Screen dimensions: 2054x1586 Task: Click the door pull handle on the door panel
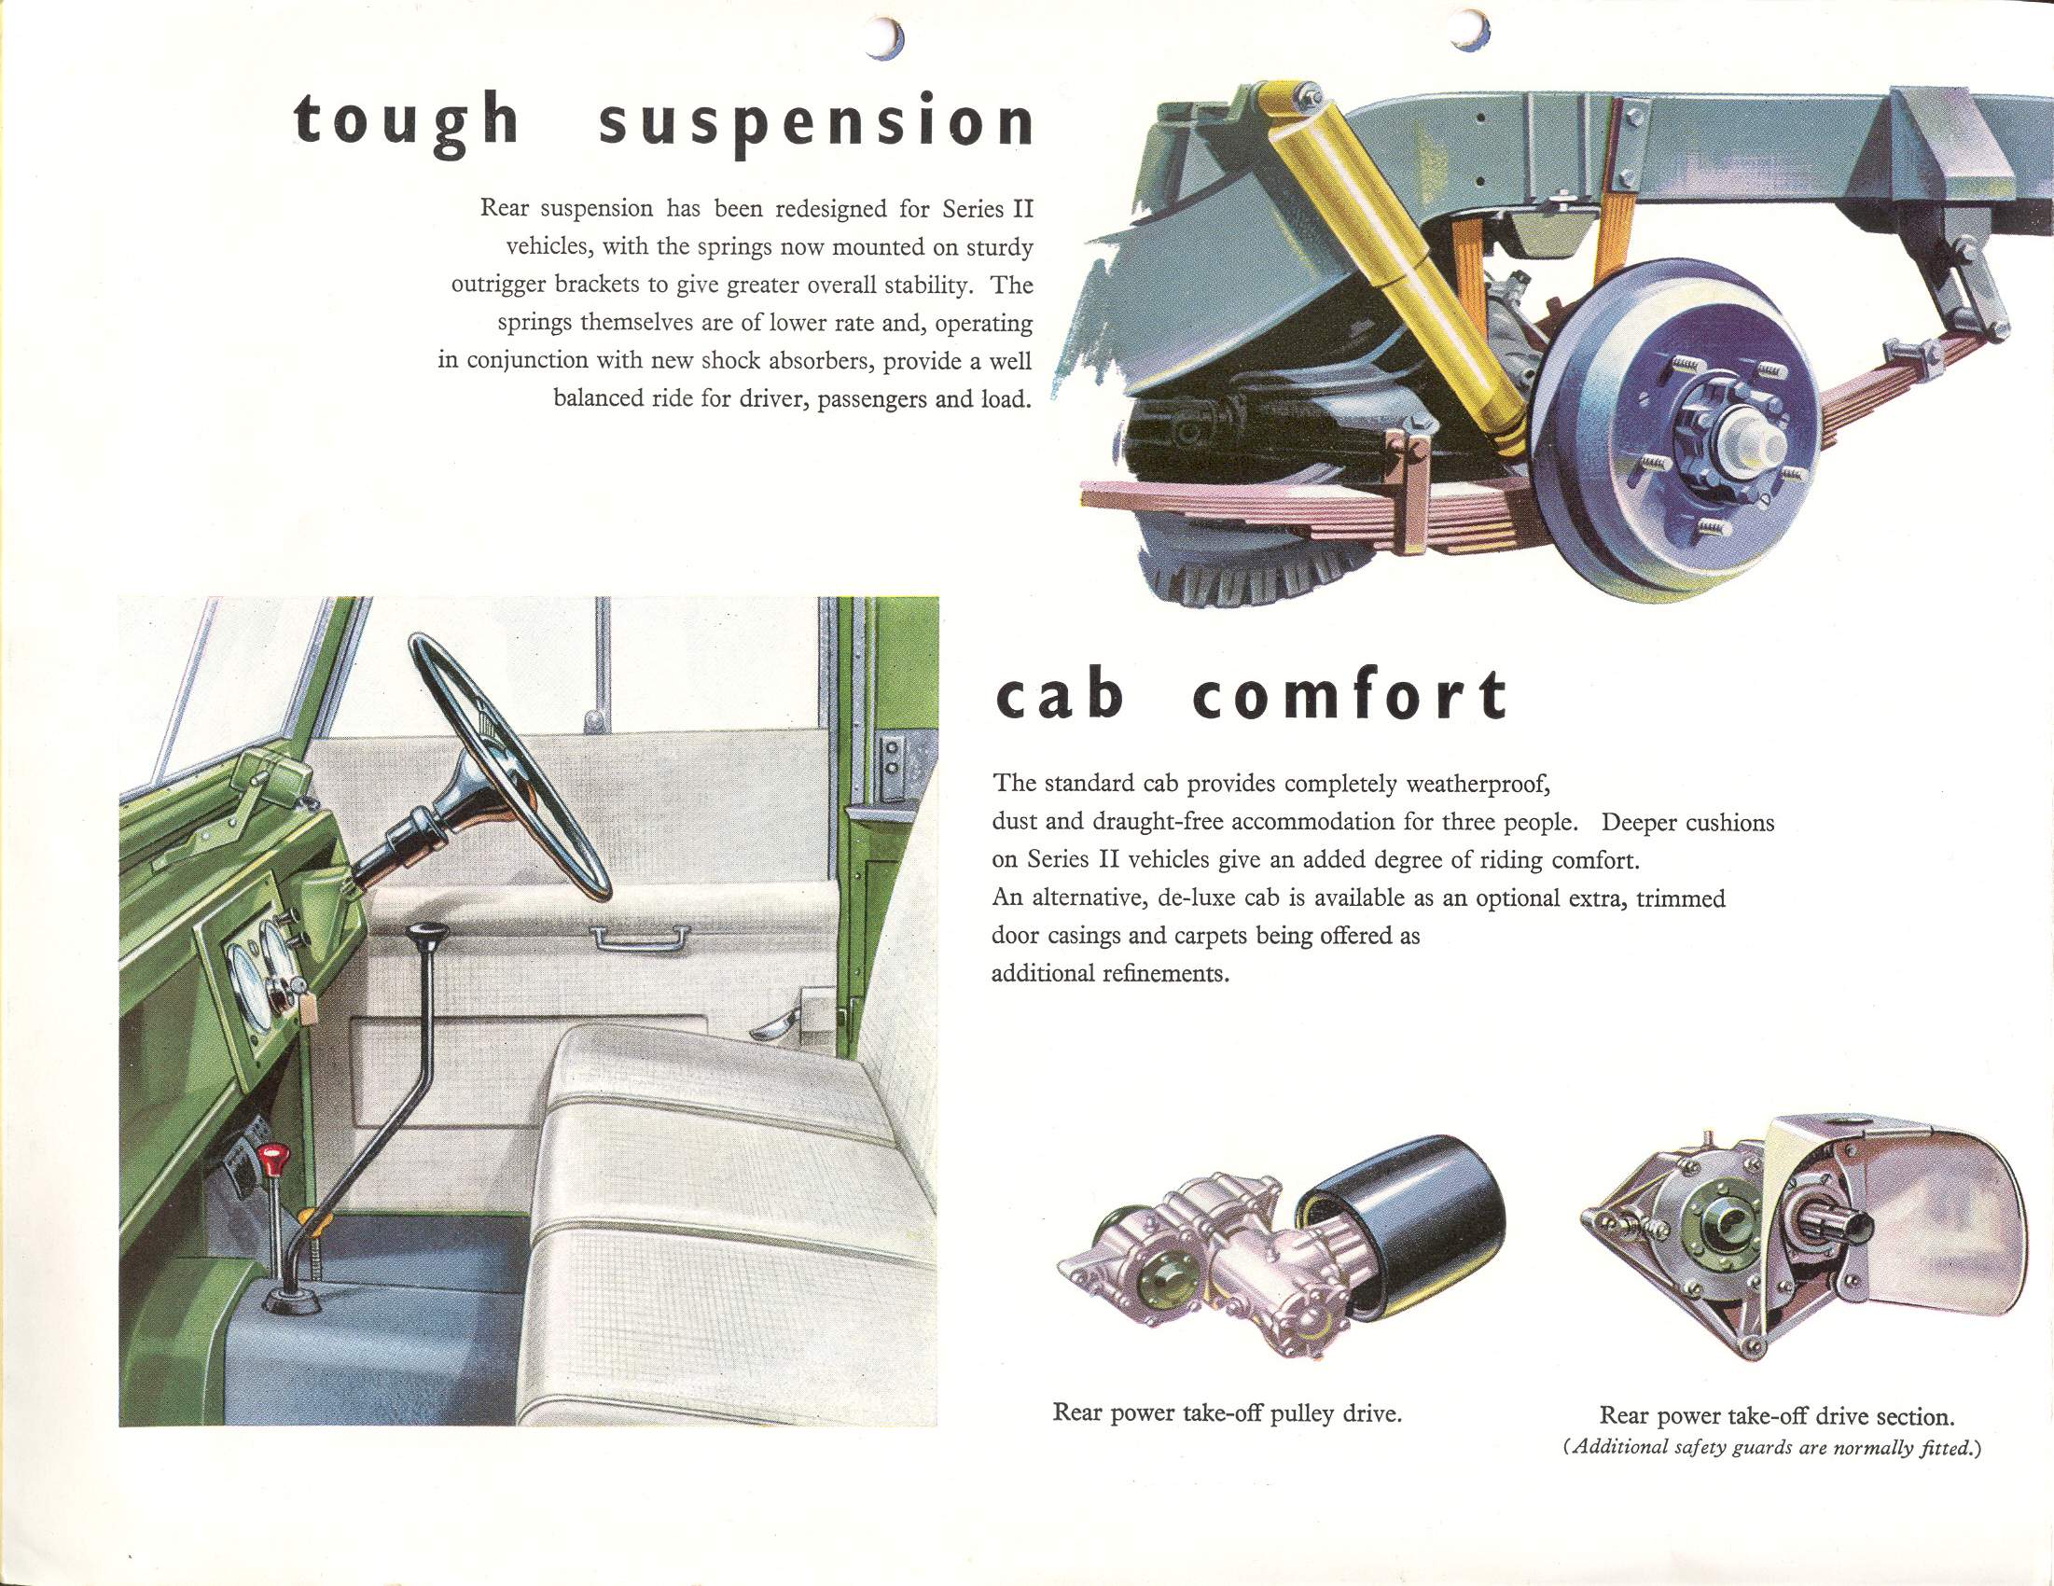[641, 937]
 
